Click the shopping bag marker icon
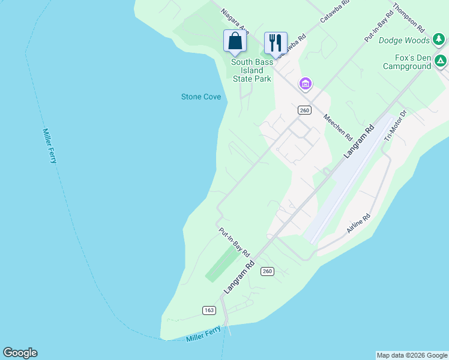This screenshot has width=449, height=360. [235, 41]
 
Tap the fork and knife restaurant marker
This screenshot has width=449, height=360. [276, 43]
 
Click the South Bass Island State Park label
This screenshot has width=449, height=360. [252, 70]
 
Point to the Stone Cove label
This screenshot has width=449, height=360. [201, 97]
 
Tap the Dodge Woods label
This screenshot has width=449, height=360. [405, 40]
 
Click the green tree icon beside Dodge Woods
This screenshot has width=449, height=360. [439, 40]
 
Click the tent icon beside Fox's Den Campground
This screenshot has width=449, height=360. [441, 60]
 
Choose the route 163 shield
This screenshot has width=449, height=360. [209, 310]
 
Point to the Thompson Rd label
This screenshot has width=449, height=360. [409, 18]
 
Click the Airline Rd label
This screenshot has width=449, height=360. [360, 223]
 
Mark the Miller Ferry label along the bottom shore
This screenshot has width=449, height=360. [203, 335]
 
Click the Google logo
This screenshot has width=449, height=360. [20, 353]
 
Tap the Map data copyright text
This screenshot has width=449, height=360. [412, 355]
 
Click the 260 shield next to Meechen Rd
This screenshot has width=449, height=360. [304, 110]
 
